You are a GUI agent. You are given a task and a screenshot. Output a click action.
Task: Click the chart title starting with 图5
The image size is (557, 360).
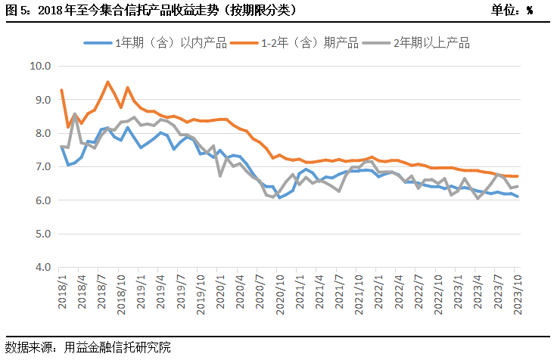151,10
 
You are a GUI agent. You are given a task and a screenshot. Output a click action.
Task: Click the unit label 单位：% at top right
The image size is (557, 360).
512,10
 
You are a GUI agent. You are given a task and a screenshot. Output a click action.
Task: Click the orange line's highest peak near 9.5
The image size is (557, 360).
107,82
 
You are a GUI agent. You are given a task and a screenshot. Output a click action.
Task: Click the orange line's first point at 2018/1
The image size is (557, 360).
61,90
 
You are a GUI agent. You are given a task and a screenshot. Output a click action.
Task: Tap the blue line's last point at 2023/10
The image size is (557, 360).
518,197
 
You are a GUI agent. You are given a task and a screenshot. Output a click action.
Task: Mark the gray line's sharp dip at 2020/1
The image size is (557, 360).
220,175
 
